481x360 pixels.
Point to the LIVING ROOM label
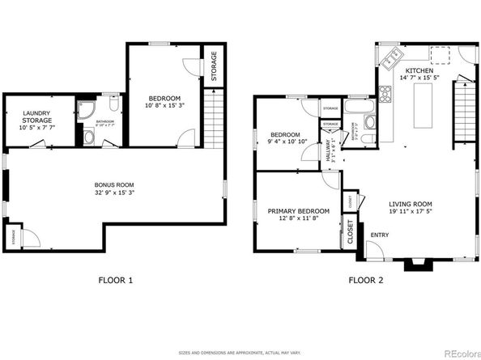(411, 205)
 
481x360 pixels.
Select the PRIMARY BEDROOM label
(299, 211)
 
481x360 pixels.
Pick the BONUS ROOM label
(113, 185)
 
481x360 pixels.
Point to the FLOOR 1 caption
(114, 281)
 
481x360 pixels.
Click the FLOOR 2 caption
(365, 281)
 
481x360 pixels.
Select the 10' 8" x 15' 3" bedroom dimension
(164, 105)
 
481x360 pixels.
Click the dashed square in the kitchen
(441, 54)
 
